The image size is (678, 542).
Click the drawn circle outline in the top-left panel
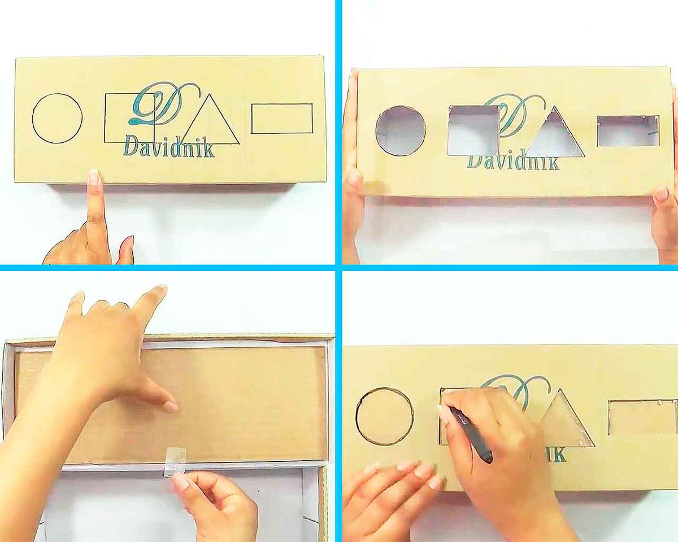coord(33,119)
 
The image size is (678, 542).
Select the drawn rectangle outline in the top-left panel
coord(282,104)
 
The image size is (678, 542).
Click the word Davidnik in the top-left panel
coord(169,147)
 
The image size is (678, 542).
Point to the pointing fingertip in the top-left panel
coord(94,175)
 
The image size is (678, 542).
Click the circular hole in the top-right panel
coord(401,131)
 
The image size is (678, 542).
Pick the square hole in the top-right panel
coord(473,130)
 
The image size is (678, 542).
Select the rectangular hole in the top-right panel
coord(628,131)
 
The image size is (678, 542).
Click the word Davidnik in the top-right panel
coord(514,163)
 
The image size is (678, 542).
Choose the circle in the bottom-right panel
coord(357,416)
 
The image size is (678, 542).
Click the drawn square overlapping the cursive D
coord(105,118)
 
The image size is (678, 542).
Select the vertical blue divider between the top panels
coord(338,132)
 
